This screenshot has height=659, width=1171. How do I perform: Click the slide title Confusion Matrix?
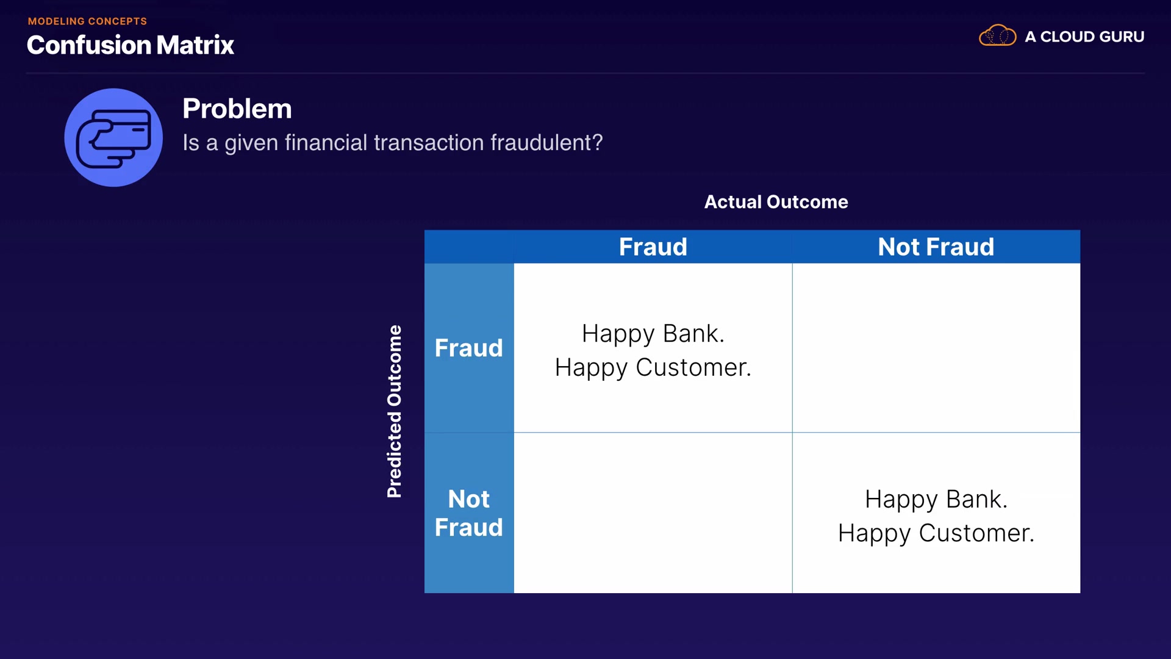pyautogui.click(x=131, y=45)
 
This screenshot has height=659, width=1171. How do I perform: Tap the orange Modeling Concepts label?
pyautogui.click(x=87, y=21)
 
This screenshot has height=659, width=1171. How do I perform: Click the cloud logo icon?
pyautogui.click(x=997, y=35)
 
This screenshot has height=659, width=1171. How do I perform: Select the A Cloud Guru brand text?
pyautogui.click(x=1084, y=37)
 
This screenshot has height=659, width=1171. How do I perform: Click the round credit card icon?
pyautogui.click(x=113, y=137)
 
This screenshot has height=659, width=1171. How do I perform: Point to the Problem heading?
pyautogui.click(x=237, y=109)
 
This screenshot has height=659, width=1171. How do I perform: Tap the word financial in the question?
pyautogui.click(x=326, y=143)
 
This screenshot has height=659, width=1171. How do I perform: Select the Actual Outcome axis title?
pyautogui.click(x=776, y=202)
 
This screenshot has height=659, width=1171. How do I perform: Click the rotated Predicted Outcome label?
pyautogui.click(x=395, y=411)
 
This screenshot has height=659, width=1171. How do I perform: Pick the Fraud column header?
pyautogui.click(x=653, y=247)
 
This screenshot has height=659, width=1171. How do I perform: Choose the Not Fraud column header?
pyautogui.click(x=936, y=247)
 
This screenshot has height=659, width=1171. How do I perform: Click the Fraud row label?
pyautogui.click(x=469, y=348)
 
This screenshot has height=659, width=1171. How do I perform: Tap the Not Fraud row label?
pyautogui.click(x=469, y=513)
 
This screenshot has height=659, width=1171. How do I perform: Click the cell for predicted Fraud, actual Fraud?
pyautogui.click(x=653, y=348)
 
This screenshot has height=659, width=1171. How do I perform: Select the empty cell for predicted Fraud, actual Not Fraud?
pyautogui.click(x=936, y=348)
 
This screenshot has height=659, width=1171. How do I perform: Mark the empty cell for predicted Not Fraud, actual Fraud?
pyautogui.click(x=653, y=513)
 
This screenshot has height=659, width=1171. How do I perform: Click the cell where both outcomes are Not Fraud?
pyautogui.click(x=936, y=513)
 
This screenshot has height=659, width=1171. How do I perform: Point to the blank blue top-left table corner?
pyautogui.click(x=469, y=247)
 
